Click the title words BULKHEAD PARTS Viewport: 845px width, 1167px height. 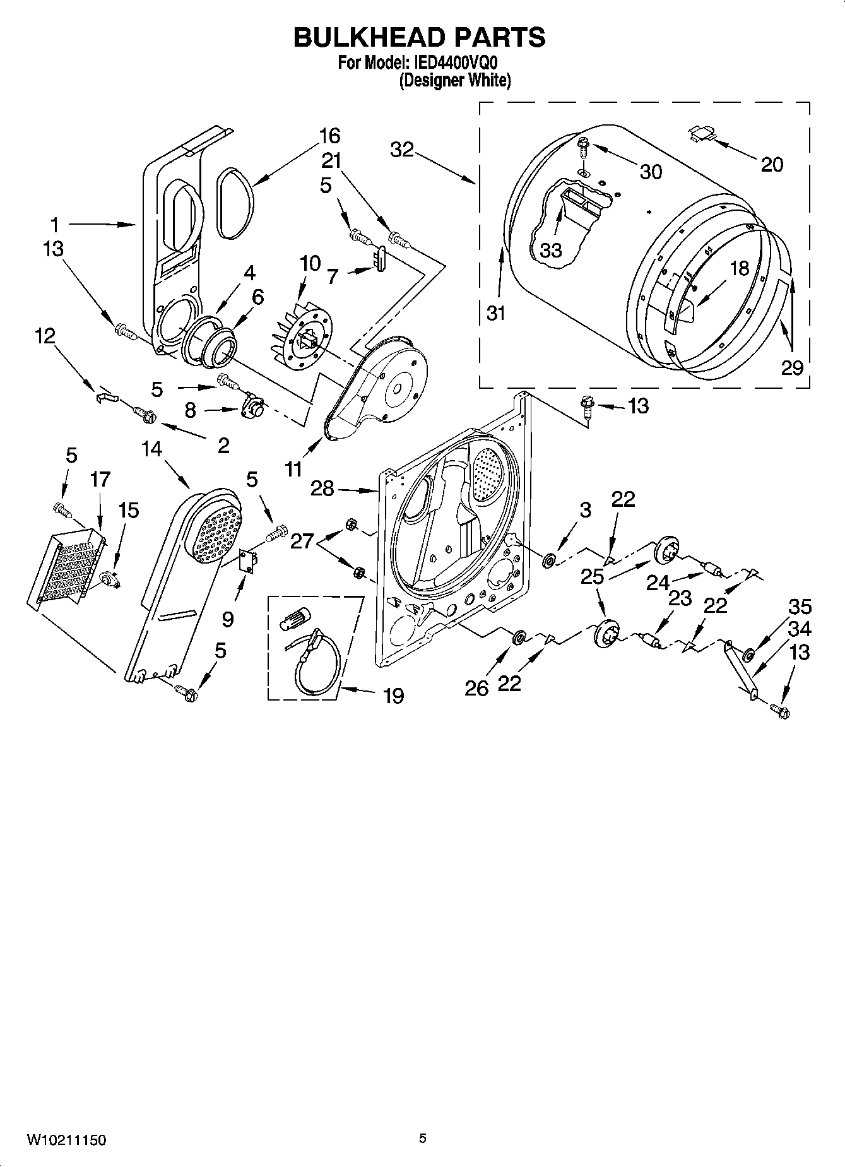[x=420, y=37]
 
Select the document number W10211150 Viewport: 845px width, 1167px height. [x=66, y=1140]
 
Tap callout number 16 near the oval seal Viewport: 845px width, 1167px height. [x=329, y=136]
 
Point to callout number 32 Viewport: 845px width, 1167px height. [x=401, y=150]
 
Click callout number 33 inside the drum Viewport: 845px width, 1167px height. [x=550, y=250]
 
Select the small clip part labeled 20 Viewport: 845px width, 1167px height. [x=701, y=132]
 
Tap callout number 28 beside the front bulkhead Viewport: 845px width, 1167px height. [x=322, y=488]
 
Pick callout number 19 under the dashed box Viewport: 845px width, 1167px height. [x=394, y=696]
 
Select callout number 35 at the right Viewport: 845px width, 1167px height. [x=800, y=607]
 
